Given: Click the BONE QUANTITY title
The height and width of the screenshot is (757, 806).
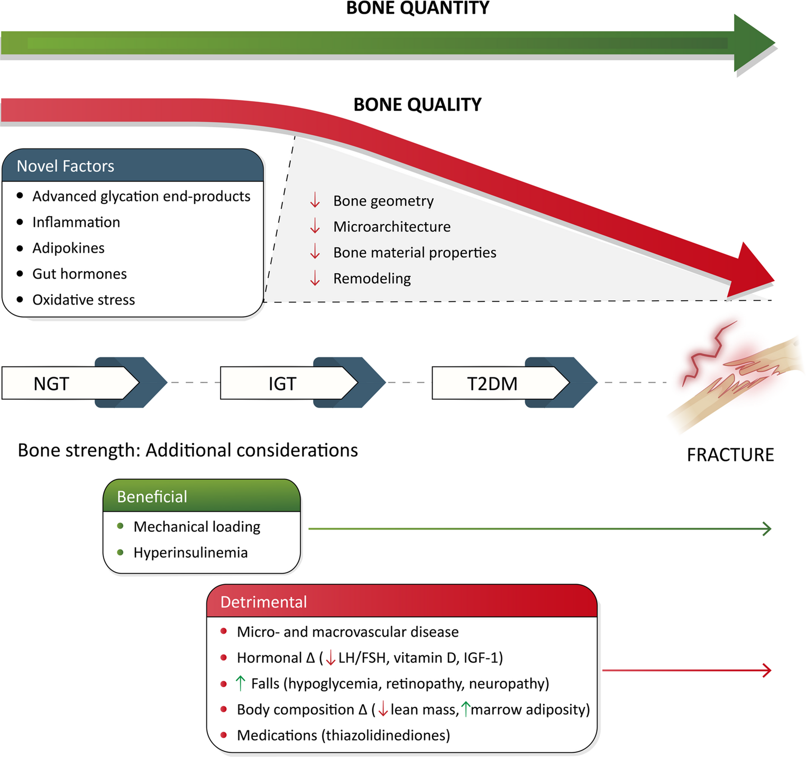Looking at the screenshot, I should tap(417, 8).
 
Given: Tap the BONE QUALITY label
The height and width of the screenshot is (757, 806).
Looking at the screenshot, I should tap(417, 105).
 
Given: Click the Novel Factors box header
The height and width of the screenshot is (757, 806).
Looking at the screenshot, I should tap(133, 166).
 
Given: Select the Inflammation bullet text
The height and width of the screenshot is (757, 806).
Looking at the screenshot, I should tap(76, 222).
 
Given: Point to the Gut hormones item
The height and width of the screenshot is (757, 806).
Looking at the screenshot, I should tap(79, 274).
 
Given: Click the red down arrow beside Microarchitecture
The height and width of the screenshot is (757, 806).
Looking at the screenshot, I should tap(315, 227).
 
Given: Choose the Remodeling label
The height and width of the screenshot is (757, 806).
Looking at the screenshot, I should tap(372, 279).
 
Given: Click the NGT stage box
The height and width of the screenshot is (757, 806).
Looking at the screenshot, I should tap(63, 383).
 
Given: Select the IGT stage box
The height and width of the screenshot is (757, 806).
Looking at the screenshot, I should tap(283, 383).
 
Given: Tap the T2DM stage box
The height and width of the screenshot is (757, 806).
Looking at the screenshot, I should tap(493, 383).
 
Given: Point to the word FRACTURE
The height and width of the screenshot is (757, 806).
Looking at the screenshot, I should tap(730, 455).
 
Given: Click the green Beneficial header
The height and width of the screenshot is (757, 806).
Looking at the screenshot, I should tap(201, 496).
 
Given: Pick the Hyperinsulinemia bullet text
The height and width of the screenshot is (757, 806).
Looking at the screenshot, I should tap(190, 552).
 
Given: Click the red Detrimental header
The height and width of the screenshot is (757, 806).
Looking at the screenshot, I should tap(401, 602).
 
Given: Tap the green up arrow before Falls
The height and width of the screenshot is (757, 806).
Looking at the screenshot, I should tap(241, 684).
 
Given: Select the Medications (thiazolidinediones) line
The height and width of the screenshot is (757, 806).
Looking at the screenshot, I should tap(343, 735).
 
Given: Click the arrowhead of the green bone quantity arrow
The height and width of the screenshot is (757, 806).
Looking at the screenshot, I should tap(754, 43).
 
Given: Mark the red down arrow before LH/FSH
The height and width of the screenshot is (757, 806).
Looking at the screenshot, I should tap(331, 658).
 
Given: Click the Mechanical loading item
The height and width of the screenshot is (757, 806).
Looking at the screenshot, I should tap(197, 527).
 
